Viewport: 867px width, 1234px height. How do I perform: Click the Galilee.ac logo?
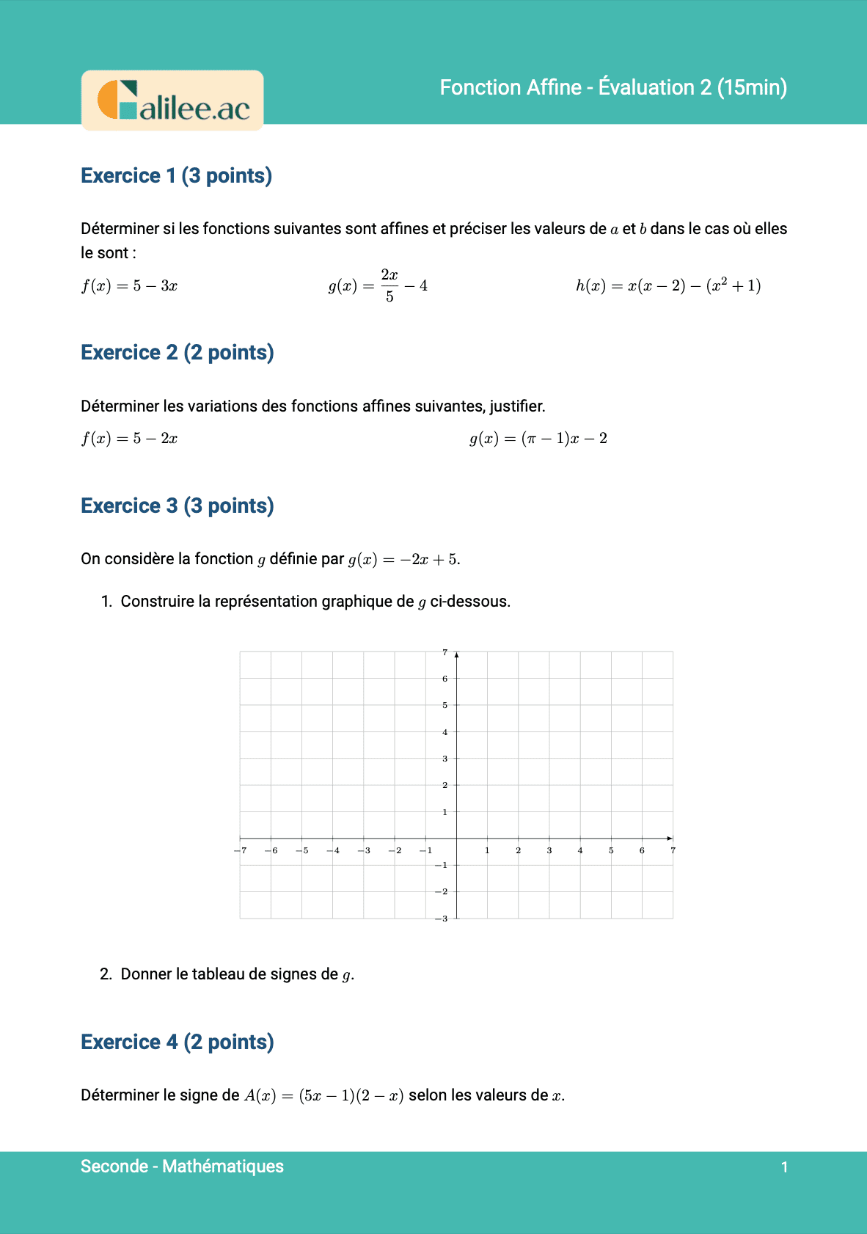click(x=172, y=101)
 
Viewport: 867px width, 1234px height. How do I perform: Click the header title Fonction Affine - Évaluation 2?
click(x=613, y=87)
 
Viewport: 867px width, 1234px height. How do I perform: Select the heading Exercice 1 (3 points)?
click(x=176, y=176)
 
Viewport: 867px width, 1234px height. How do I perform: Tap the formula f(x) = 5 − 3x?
click(x=129, y=285)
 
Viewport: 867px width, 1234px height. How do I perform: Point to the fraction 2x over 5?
click(x=389, y=285)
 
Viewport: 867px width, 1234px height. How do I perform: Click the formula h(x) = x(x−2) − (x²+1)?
click(x=668, y=285)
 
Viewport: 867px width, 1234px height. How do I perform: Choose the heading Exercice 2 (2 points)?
click(x=177, y=353)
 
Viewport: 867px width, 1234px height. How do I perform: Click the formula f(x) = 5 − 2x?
click(x=129, y=439)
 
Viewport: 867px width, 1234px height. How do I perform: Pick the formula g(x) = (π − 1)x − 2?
click(x=538, y=439)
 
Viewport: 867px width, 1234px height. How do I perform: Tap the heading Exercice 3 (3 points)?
click(x=177, y=506)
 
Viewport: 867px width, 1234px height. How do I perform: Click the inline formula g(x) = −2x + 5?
click(x=403, y=560)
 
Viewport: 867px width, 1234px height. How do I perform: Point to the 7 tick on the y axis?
click(x=445, y=652)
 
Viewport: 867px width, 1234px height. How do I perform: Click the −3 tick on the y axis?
click(x=442, y=919)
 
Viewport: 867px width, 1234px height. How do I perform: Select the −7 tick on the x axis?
click(x=241, y=850)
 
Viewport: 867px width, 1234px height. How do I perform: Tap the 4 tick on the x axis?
click(x=580, y=850)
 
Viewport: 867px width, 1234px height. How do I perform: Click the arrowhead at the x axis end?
click(x=670, y=838)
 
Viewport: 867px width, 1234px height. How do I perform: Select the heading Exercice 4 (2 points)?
click(x=177, y=1043)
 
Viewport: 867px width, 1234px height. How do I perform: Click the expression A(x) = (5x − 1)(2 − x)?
click(x=323, y=1096)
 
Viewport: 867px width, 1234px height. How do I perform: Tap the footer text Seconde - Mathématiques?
click(x=182, y=1167)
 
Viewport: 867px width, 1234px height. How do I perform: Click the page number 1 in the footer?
click(x=784, y=1167)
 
